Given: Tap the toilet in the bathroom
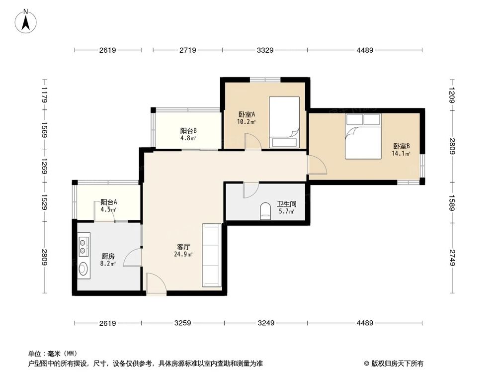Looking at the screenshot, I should [x=264, y=210].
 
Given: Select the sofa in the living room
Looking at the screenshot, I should [x=211, y=255].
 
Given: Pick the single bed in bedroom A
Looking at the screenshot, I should [x=284, y=122].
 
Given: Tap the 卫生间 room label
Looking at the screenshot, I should [x=286, y=204].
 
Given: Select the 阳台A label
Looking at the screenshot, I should [x=108, y=202].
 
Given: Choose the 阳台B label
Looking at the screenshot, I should [x=188, y=131].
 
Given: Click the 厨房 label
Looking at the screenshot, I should [x=108, y=256].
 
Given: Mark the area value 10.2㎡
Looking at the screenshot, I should [x=246, y=122].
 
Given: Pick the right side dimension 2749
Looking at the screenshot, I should [x=453, y=258].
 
